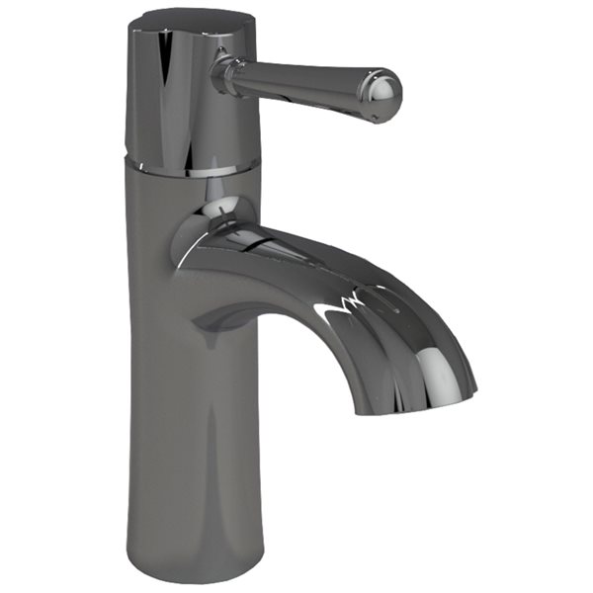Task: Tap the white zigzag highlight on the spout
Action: (x=341, y=301)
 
